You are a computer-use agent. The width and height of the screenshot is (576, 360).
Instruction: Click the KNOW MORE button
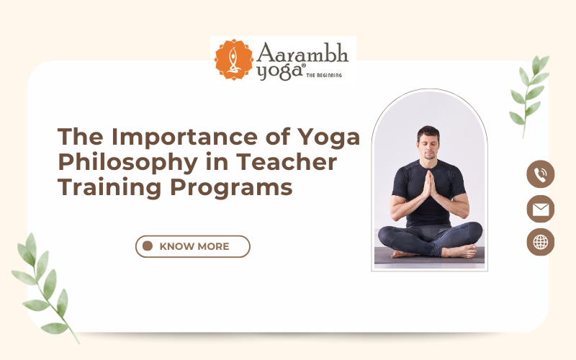193,246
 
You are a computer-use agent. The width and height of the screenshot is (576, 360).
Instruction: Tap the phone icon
540,174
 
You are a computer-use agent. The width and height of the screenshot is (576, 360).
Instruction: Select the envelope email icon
540,209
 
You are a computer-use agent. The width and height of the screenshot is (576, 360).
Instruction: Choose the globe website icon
540,243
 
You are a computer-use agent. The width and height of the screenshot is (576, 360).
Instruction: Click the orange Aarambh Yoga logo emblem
233,60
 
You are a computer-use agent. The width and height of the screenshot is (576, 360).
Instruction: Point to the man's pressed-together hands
429,185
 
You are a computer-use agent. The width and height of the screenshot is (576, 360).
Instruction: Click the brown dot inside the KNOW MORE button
148,246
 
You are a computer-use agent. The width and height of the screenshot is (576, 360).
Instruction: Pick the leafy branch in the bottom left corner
43,284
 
